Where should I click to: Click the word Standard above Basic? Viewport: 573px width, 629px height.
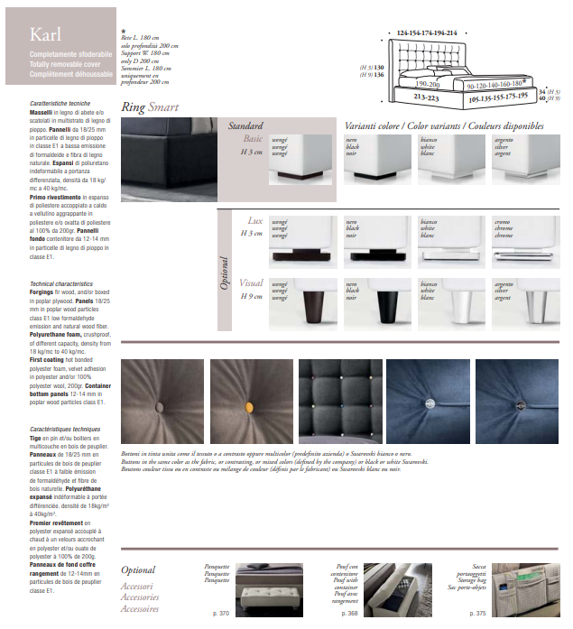point(245,126)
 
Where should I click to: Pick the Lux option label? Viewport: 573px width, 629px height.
point(255,220)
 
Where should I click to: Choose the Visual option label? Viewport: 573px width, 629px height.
point(252,283)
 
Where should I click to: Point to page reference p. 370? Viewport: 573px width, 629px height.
point(221,614)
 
